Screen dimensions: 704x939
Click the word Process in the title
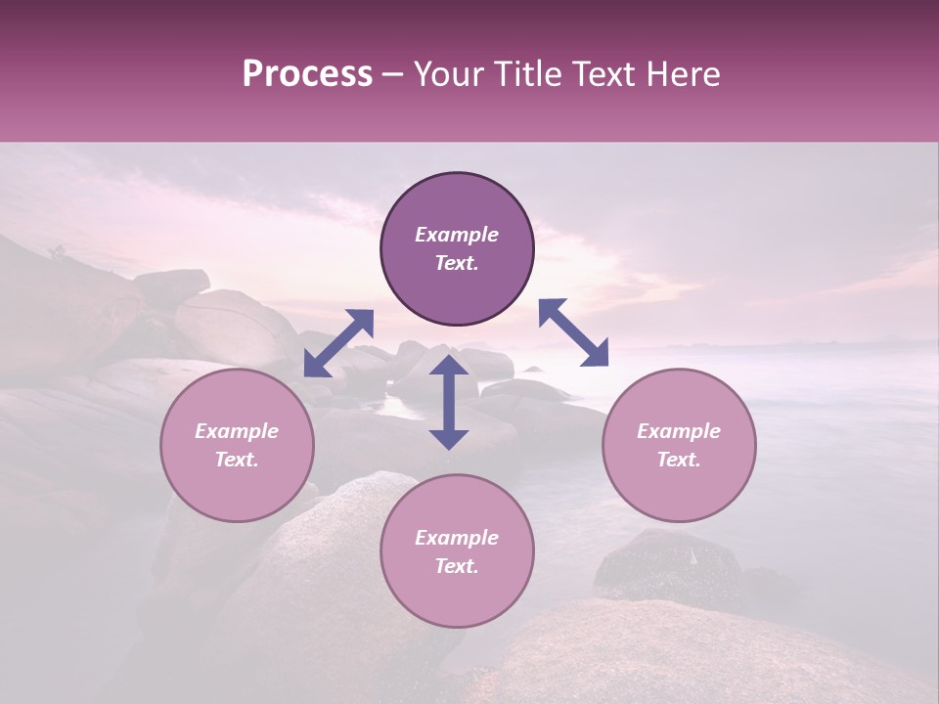307,74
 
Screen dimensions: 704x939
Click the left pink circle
237,445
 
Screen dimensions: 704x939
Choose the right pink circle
679,445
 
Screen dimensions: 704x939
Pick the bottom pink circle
457,550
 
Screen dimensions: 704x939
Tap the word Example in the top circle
457,235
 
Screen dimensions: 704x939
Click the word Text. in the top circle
457,263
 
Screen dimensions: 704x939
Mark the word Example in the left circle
237,431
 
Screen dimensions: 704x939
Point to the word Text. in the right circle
679,460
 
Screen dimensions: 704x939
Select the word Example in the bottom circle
457,538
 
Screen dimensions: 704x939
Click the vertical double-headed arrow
449,402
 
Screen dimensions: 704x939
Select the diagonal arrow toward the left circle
338,342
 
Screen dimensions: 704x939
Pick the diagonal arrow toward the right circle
574,332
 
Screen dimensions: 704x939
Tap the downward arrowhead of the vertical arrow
449,438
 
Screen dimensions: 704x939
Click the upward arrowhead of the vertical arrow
449,366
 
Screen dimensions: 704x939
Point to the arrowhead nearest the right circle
596,354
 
